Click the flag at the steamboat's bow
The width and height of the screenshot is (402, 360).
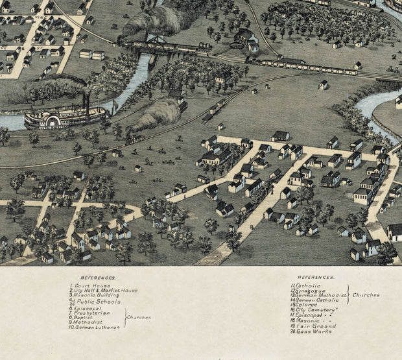[x=115, y=104]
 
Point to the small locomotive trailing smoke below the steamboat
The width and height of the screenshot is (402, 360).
[x=134, y=138]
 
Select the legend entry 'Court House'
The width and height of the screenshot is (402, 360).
[x=86, y=285]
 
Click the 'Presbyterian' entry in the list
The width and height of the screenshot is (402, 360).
[x=92, y=313]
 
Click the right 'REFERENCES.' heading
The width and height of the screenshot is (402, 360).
[x=320, y=276]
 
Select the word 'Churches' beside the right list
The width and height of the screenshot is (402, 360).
[x=366, y=294]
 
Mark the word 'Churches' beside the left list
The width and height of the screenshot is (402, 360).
[x=139, y=318]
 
